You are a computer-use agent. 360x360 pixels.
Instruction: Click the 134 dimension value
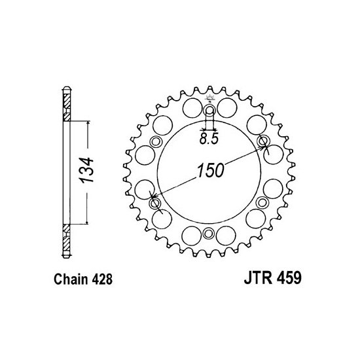tap(86, 170)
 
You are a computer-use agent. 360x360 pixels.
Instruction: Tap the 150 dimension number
tap(210, 170)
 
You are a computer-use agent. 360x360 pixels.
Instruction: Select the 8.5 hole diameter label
tap(208, 139)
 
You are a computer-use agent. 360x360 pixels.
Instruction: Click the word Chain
tap(71, 279)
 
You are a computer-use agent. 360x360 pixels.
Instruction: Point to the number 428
tap(102, 279)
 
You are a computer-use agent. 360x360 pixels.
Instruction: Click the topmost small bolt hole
tap(209, 110)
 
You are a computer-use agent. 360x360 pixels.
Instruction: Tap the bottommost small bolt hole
tap(208, 234)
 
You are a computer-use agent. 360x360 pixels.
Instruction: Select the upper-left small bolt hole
tap(156, 141)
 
